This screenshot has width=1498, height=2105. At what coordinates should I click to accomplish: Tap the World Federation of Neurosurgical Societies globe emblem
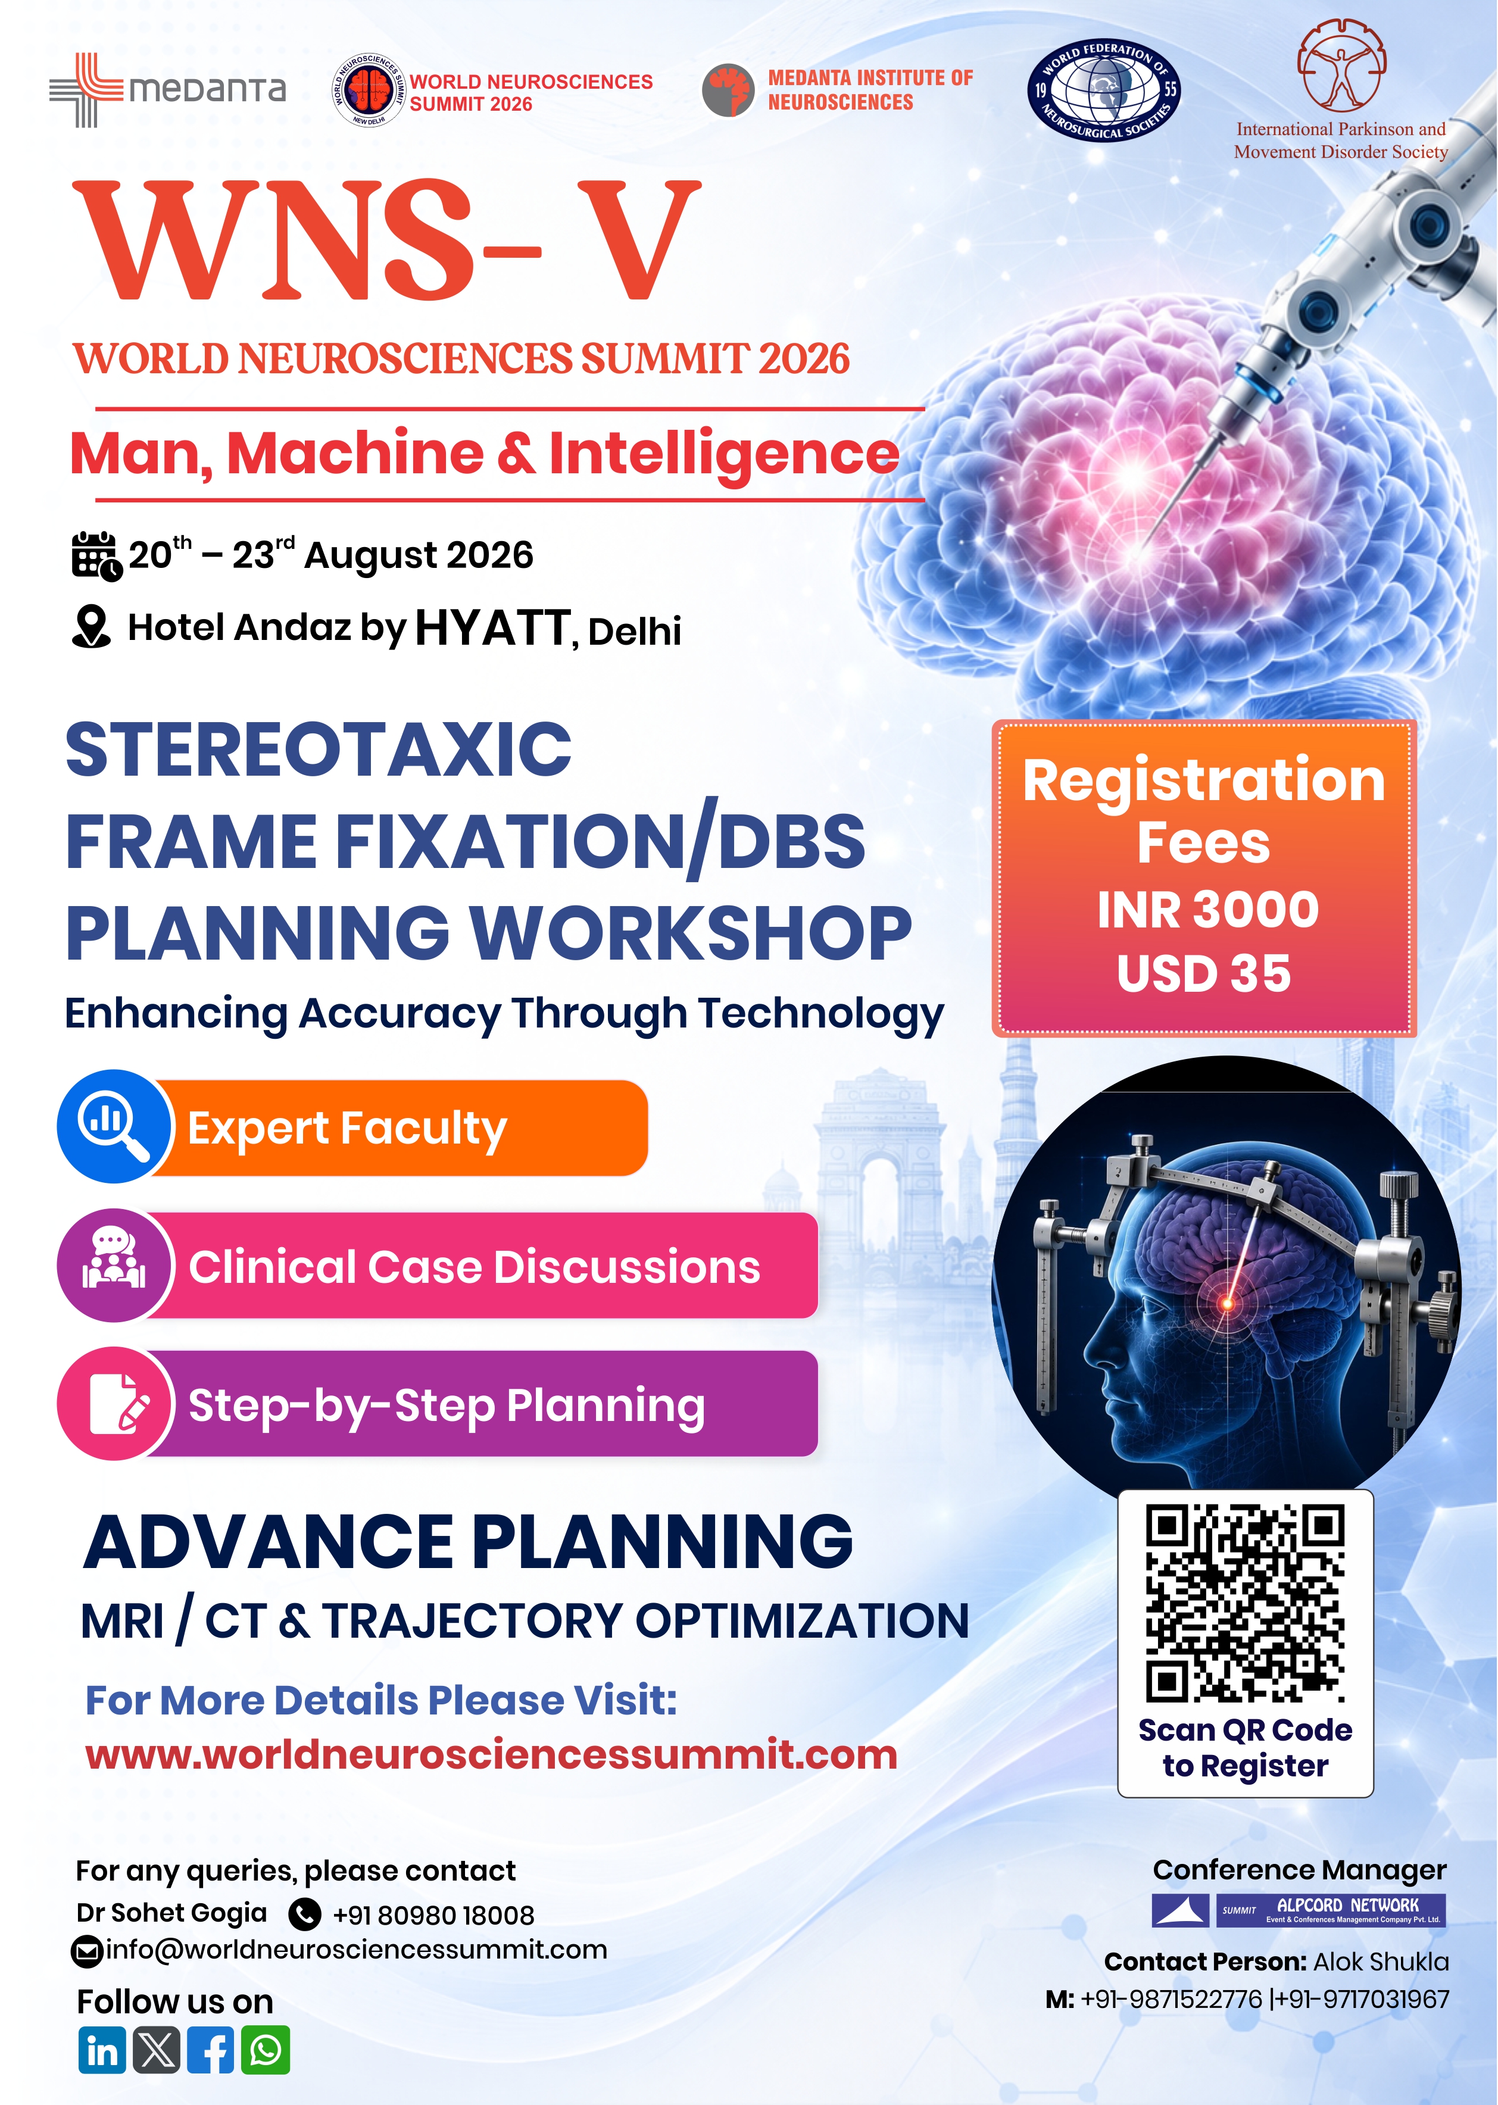pos(1104,89)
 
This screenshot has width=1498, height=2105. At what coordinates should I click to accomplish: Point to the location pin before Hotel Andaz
pos(90,627)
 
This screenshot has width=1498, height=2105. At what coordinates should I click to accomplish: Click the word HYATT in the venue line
pos(492,628)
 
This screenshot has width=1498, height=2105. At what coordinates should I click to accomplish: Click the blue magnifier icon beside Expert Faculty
pos(114,1126)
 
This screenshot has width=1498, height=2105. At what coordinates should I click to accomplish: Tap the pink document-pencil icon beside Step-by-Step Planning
pos(114,1403)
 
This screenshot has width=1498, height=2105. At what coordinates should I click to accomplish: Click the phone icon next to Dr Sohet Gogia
pos(304,1914)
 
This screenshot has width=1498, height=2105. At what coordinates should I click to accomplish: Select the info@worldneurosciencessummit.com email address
pos(356,1950)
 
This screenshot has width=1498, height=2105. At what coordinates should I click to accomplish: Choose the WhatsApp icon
pos(266,2051)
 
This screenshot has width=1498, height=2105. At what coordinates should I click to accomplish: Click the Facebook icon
pos(211,2051)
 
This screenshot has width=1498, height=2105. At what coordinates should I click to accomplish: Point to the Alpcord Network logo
pos(1299,1910)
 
